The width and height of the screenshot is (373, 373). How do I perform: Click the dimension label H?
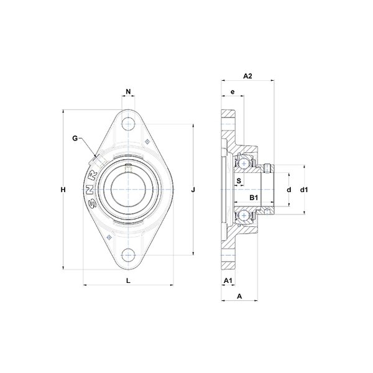[x=63, y=190]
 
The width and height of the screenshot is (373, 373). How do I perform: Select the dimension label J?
[x=193, y=190]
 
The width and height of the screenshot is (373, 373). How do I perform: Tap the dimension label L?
[x=128, y=281]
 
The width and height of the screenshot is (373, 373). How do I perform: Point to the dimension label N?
[x=128, y=91]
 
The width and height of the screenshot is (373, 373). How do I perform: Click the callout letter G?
[x=75, y=138]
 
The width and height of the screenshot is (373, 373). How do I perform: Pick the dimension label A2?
[x=247, y=76]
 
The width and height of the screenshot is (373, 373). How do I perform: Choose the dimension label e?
[x=233, y=92]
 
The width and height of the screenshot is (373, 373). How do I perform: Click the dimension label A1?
[x=228, y=281]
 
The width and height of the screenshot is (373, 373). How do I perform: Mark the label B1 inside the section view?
[x=254, y=198]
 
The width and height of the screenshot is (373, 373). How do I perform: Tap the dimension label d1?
[x=304, y=190]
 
